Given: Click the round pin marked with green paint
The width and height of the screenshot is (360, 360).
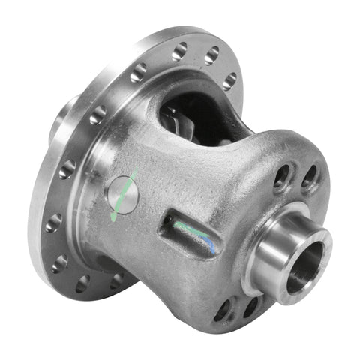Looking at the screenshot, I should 123,193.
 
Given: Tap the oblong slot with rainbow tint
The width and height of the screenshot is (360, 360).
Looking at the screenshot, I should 192,233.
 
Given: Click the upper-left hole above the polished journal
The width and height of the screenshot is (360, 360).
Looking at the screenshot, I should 282,177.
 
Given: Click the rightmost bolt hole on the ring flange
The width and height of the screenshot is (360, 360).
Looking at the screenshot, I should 229,79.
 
